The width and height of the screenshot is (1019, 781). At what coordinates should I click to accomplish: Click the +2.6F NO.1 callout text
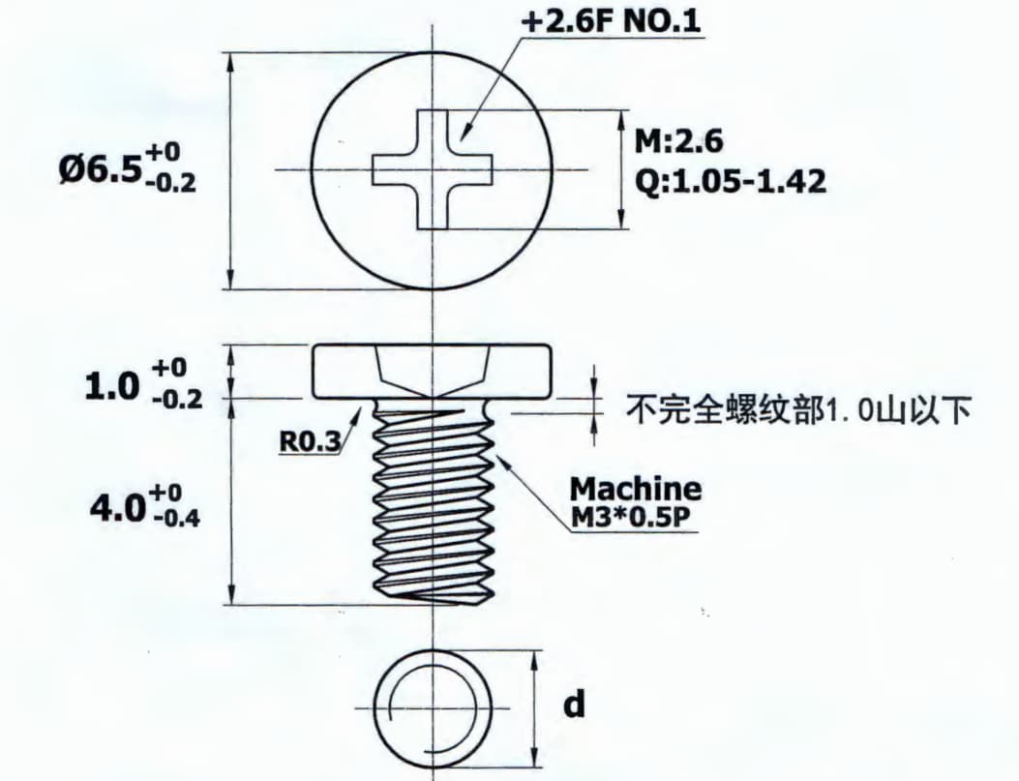(611, 20)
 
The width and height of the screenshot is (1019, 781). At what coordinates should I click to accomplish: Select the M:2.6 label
(678, 140)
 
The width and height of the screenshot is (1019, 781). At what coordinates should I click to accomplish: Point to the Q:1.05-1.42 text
(731, 181)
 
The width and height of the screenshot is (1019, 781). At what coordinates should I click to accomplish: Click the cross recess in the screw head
(433, 169)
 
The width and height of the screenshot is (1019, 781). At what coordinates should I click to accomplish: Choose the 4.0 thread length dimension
(145, 504)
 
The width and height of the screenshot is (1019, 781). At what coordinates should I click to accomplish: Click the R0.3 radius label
(310, 442)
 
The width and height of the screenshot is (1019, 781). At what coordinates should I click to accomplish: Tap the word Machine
(636, 488)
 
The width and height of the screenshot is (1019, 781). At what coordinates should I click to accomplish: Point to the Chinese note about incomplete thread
(798, 410)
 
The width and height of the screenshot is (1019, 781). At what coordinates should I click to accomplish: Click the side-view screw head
(433, 372)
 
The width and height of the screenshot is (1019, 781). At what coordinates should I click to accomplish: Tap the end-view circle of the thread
(433, 707)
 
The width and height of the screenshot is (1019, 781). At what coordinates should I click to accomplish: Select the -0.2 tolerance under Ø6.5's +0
(171, 183)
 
